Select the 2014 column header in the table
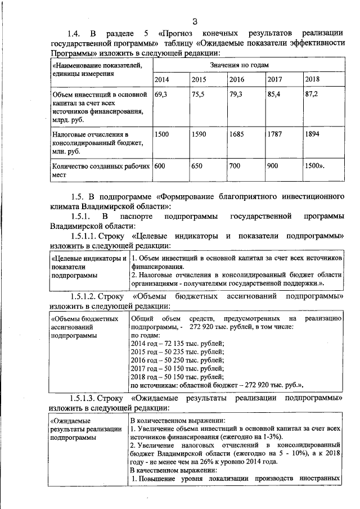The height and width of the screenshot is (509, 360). (161, 79)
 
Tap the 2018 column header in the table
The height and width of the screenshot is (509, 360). (312, 79)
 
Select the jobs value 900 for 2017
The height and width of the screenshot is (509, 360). (273, 166)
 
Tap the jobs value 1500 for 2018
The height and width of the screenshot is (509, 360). (314, 166)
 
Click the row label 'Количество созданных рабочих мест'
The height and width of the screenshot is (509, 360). (100, 170)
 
